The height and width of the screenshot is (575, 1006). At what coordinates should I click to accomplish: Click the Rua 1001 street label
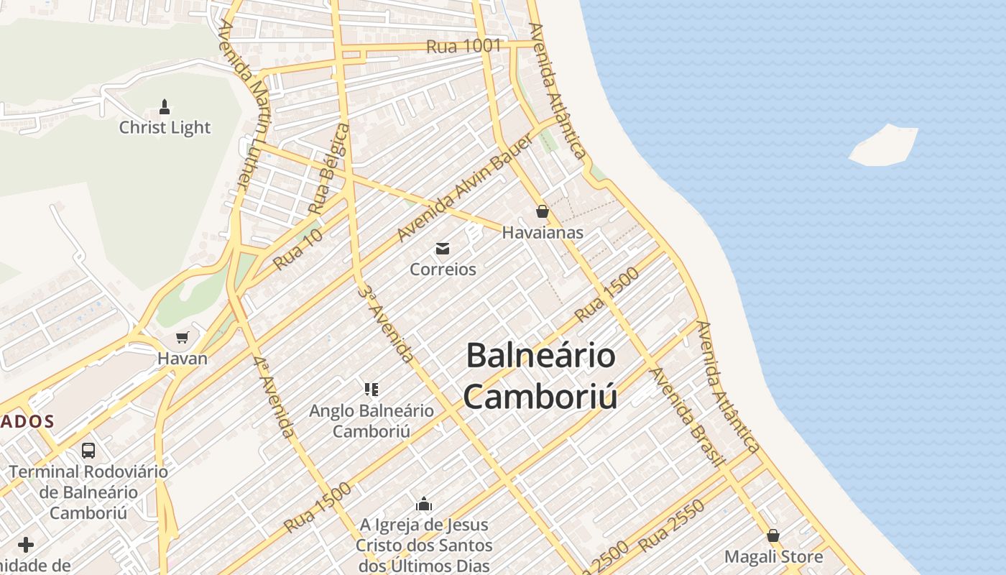click(463, 46)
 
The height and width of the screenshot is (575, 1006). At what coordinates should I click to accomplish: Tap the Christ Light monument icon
click(165, 108)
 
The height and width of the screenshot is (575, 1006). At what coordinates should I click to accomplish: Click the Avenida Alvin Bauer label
click(465, 188)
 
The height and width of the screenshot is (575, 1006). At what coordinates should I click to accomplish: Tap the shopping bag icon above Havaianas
click(543, 211)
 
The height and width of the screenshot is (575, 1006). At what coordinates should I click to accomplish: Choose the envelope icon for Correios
click(443, 249)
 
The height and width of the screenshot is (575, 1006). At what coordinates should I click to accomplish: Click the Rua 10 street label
click(297, 249)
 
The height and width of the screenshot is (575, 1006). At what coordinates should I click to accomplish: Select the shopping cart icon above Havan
click(183, 337)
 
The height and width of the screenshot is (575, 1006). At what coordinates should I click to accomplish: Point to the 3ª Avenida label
click(386, 324)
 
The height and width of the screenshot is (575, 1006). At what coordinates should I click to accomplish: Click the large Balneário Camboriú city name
click(540, 375)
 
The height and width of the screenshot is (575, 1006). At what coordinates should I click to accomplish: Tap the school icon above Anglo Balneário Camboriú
click(372, 390)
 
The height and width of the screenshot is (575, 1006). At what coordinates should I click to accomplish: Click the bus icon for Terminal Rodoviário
click(88, 451)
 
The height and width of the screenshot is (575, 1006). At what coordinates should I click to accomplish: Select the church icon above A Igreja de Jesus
click(424, 504)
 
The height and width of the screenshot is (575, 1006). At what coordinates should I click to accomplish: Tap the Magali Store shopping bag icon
click(773, 535)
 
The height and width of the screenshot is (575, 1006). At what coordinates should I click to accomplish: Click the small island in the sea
click(885, 146)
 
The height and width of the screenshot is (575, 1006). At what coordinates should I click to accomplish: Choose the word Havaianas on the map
click(543, 233)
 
